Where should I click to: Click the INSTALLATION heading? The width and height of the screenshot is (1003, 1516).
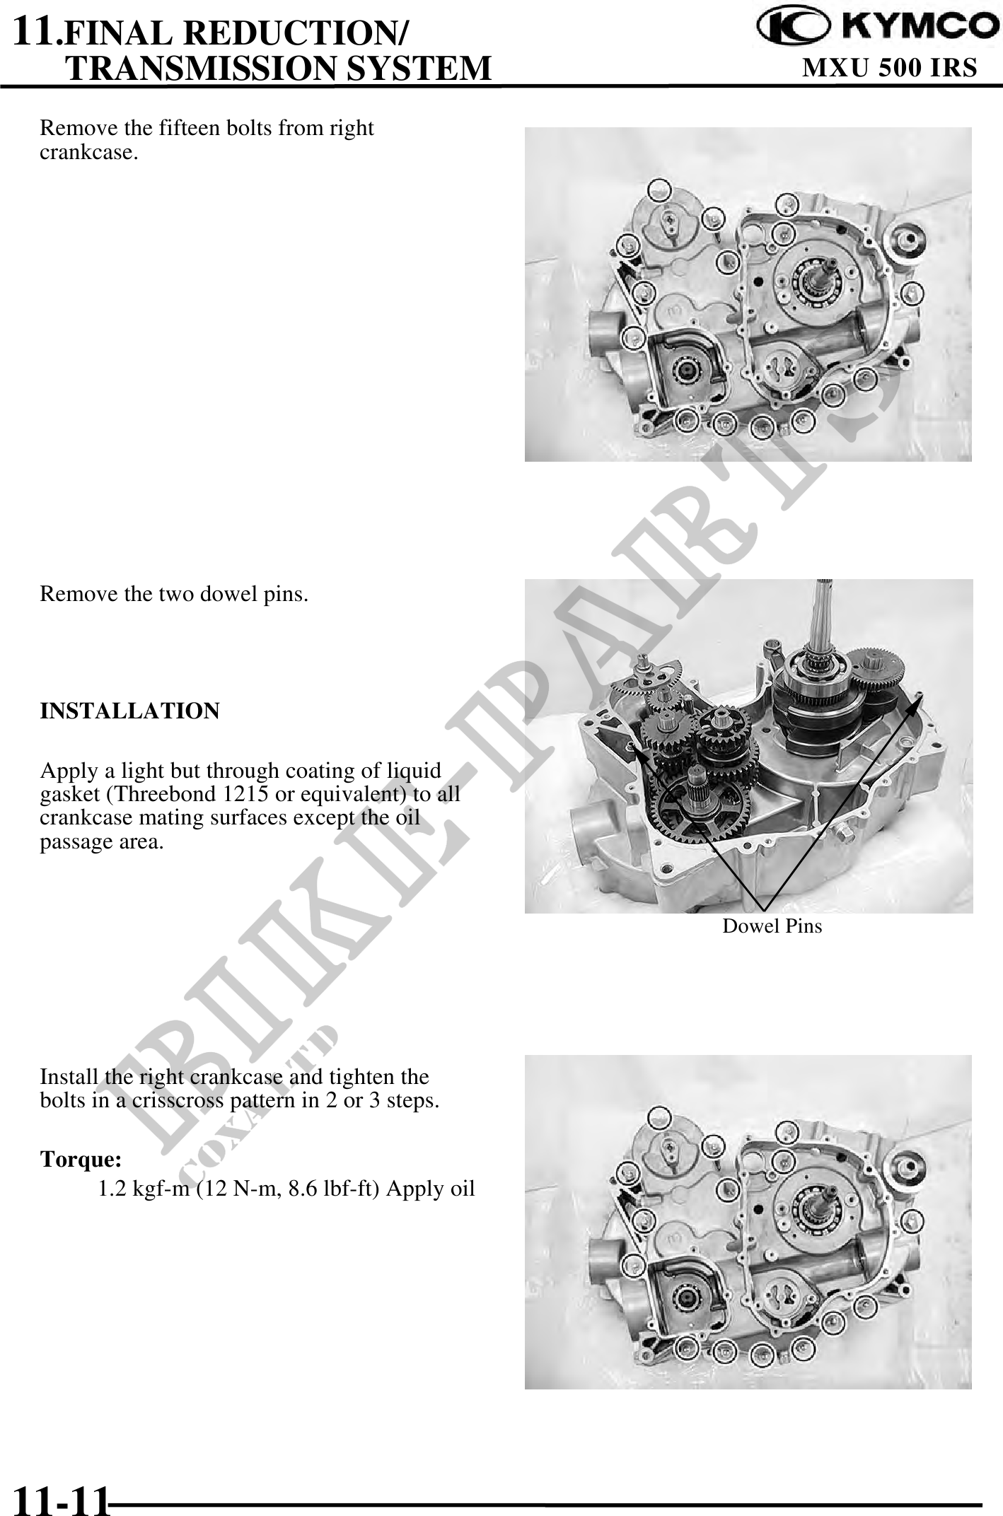point(129,711)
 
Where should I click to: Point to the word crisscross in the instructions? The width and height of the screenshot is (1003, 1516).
point(178,1101)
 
